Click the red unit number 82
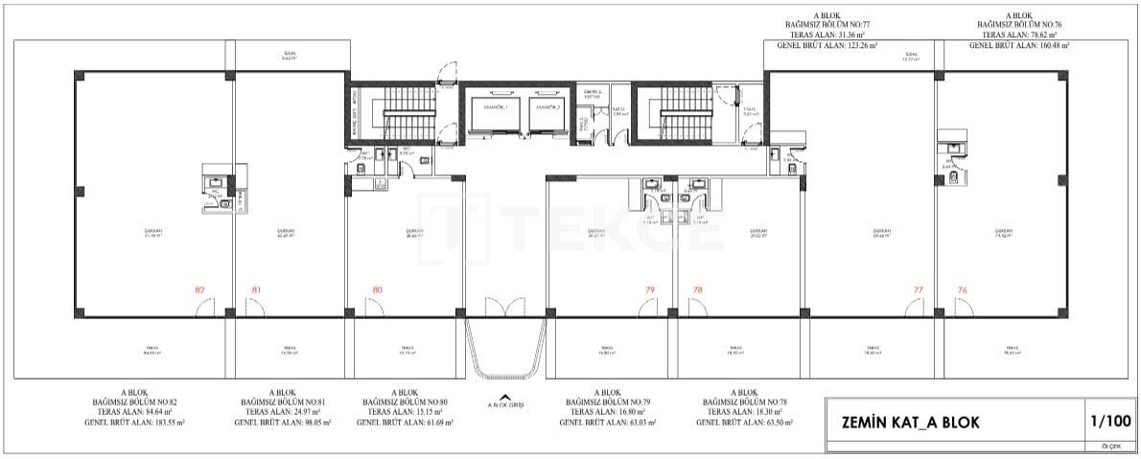(199, 288)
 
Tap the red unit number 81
(256, 288)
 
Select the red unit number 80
(377, 288)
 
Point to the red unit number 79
(650, 288)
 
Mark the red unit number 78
(697, 288)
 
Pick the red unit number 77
(918, 288)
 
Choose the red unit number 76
(962, 288)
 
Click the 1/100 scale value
(1110, 421)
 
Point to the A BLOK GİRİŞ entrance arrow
(505, 399)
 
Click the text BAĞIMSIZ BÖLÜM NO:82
(134, 402)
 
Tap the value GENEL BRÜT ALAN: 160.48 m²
(1018, 44)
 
